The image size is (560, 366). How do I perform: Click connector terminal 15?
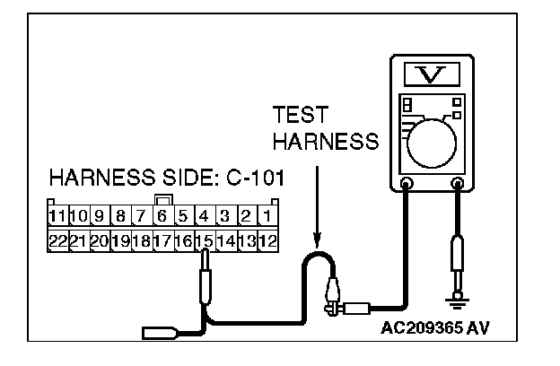[206, 240]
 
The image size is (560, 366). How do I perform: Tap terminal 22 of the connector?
[57, 240]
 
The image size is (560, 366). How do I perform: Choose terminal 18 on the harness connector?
[141, 240]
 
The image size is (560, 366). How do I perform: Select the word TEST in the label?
[302, 117]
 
